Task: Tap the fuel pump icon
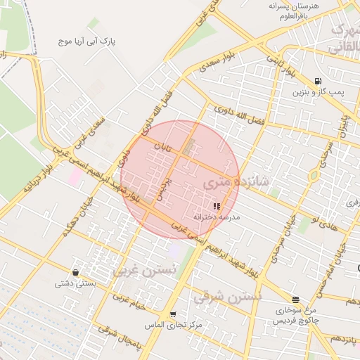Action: click(319, 81)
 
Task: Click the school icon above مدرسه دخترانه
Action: click(216, 206)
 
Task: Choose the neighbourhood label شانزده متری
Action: click(236, 182)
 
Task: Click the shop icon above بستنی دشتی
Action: click(75, 272)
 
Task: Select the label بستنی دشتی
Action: click(75, 284)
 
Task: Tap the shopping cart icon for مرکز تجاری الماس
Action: click(173, 314)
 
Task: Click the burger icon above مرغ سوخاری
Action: click(295, 300)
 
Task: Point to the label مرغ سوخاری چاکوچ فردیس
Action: click(295, 315)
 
